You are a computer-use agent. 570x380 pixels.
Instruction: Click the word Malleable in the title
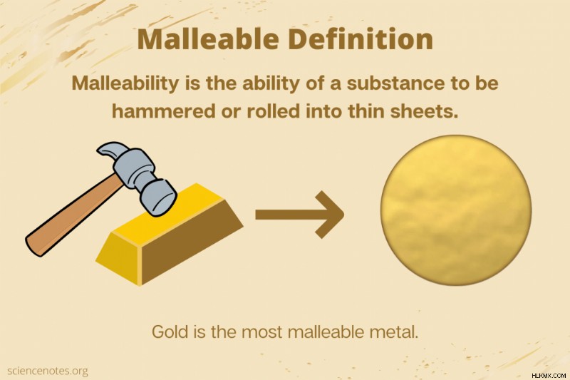coord(208,39)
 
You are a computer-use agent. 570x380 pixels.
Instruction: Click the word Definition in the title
coord(361,39)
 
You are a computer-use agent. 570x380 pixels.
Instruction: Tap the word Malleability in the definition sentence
coord(125,83)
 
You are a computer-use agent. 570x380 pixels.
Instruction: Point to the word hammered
coord(163,111)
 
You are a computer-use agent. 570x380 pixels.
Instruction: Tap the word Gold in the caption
coord(170,332)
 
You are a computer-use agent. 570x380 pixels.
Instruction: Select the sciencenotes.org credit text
coord(47,371)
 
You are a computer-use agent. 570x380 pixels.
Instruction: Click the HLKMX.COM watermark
coord(549,375)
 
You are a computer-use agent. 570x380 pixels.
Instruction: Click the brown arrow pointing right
coord(299,215)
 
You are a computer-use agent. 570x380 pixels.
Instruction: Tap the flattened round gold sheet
coord(456,210)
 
